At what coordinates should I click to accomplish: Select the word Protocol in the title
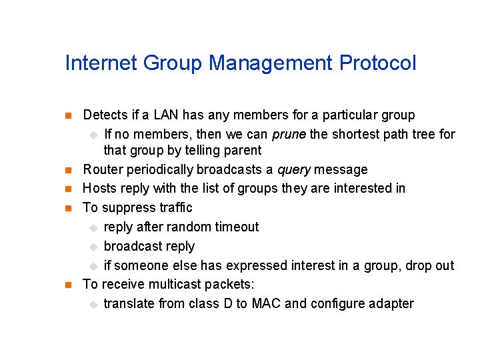click(377, 63)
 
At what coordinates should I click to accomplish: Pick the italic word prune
click(289, 134)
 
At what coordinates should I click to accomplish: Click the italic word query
click(294, 169)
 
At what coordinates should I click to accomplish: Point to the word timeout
click(235, 227)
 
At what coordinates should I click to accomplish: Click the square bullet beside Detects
click(67, 116)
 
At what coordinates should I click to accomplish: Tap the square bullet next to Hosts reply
click(67, 189)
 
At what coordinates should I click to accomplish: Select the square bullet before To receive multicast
click(67, 285)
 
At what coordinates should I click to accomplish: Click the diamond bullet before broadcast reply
click(93, 247)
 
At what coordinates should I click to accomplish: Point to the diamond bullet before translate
click(93, 304)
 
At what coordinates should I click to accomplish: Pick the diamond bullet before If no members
click(93, 135)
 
